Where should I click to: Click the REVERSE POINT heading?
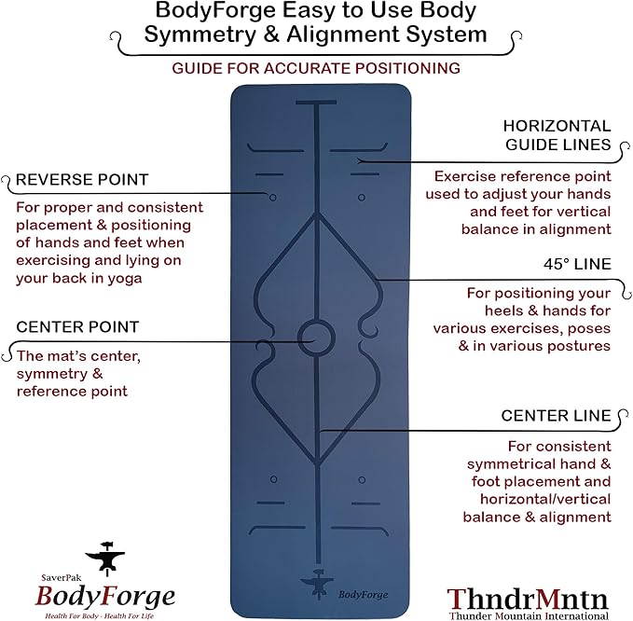tap(82, 179)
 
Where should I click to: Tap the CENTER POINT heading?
tap(77, 327)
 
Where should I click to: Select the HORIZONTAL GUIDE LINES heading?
tap(557, 135)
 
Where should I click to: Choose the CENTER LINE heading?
tap(556, 415)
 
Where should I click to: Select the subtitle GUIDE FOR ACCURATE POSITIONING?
tap(317, 68)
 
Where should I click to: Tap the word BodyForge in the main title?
tap(203, 11)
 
